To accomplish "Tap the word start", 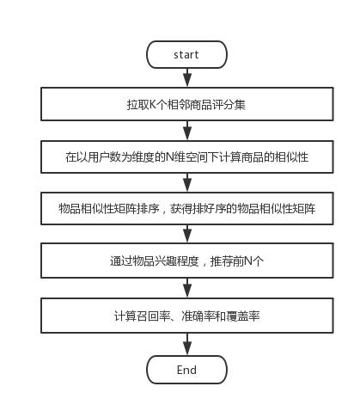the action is pos(186,54).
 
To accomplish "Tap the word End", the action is pos(186,370).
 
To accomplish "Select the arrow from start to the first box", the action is pos(187,77).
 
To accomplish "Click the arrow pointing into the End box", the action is pos(187,344).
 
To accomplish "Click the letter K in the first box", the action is pos(153,105).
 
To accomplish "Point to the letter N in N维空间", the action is pos(170,157).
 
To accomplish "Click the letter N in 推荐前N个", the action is pos(248,261).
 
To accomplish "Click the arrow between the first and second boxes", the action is pos(187,131).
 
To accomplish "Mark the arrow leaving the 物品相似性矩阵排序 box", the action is pos(187,234).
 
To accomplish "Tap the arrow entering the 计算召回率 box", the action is pos(187,288).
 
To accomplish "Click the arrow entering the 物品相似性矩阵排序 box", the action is pos(187,182).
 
